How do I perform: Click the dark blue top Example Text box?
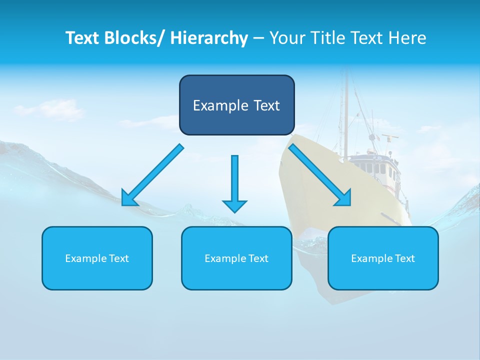pyautogui.click(x=236, y=105)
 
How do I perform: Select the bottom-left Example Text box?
pyautogui.click(x=97, y=258)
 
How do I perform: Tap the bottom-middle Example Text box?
pyautogui.click(x=236, y=258)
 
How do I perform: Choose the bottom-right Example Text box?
pyautogui.click(x=383, y=258)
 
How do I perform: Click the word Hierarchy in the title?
pyautogui.click(x=209, y=38)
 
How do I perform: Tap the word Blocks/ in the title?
pyautogui.click(x=136, y=38)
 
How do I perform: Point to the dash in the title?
pyautogui.click(x=258, y=38)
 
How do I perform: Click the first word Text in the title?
pyautogui.click(x=83, y=38)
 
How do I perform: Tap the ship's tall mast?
pyautogui.click(x=344, y=110)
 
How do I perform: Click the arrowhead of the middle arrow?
pyautogui.click(x=234, y=205)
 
